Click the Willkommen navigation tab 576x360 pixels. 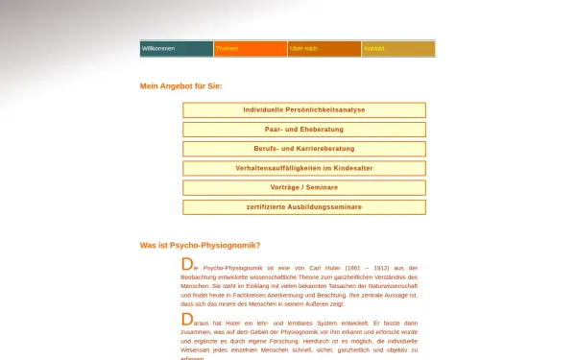[158, 48]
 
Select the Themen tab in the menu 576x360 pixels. [228, 48]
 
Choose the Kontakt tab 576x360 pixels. [373, 48]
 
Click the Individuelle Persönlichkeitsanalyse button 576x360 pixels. [304, 110]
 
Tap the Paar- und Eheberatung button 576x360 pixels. [304, 130]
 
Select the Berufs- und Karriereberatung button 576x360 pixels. [304, 149]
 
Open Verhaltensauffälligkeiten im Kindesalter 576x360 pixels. [304, 168]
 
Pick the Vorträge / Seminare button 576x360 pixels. [304, 187]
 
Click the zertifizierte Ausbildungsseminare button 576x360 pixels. [304, 206]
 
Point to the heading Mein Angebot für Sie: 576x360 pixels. [180, 86]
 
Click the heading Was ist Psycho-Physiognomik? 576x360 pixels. [200, 246]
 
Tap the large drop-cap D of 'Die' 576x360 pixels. [186, 264]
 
